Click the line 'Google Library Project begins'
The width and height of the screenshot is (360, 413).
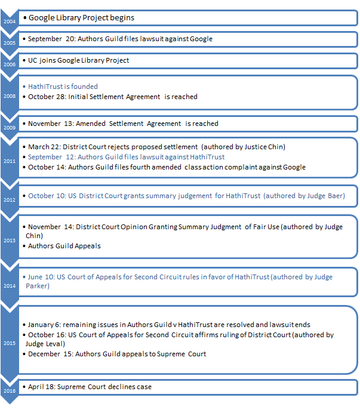(81, 18)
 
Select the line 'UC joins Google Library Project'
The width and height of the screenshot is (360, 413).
(78, 60)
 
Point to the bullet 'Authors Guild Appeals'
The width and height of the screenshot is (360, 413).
(65, 245)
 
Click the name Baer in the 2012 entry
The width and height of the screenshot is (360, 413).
(333, 195)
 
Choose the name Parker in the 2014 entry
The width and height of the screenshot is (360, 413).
(40, 285)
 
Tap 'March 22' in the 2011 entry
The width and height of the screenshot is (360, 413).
(45, 147)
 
